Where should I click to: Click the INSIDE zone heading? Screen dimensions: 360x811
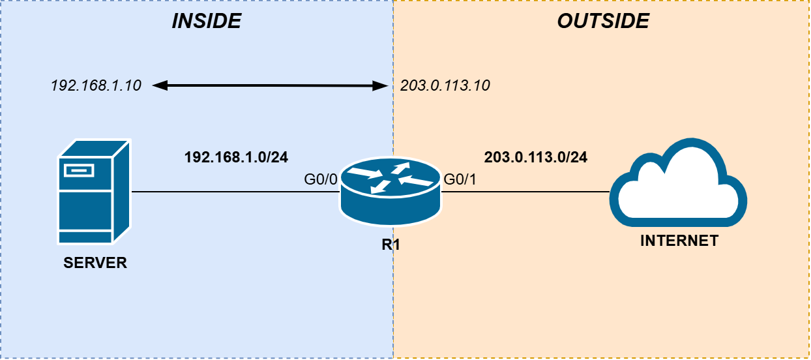[x=206, y=22]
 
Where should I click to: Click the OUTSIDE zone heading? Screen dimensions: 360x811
[x=603, y=22]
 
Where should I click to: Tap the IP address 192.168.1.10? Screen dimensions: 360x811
[x=96, y=85]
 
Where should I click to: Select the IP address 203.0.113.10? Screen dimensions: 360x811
[x=445, y=85]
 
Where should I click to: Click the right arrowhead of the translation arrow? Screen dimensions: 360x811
[x=383, y=85]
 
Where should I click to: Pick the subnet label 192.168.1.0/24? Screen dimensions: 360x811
[x=236, y=157]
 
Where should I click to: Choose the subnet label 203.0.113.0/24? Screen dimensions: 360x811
[x=536, y=157]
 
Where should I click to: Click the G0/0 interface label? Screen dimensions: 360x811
[x=321, y=180]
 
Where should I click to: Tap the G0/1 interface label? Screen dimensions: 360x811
[x=460, y=180]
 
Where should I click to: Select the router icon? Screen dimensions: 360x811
[x=391, y=188]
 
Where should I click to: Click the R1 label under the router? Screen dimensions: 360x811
[x=391, y=247]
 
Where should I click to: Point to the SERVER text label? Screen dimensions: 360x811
[x=95, y=263]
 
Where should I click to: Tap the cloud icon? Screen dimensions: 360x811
[x=678, y=183]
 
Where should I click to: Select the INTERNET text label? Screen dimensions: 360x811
[x=679, y=241]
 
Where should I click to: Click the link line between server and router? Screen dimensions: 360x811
[x=235, y=192]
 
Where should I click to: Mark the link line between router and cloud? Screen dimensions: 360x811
[x=525, y=192]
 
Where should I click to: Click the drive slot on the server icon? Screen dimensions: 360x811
[x=78, y=171]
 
